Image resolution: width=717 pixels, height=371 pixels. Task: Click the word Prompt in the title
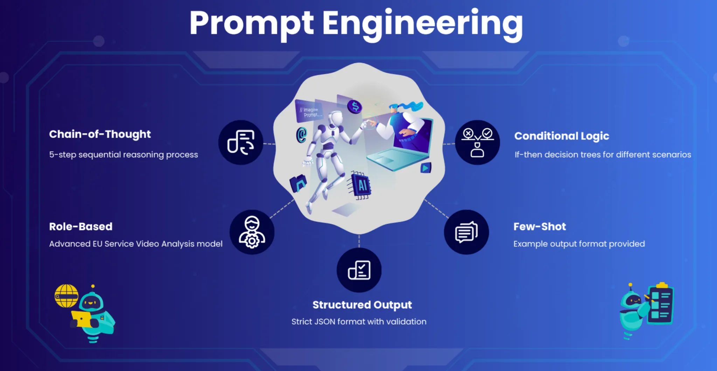pyautogui.click(x=251, y=24)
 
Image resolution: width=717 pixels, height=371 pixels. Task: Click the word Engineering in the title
pyautogui.click(x=423, y=24)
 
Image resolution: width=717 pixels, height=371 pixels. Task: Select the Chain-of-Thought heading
pyautogui.click(x=100, y=134)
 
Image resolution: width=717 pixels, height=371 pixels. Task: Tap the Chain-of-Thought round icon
pyautogui.click(x=241, y=142)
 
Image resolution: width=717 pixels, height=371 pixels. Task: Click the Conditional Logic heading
pyautogui.click(x=562, y=136)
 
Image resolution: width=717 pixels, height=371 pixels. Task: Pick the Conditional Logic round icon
pyautogui.click(x=478, y=142)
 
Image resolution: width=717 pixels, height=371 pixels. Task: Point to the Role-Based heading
pyautogui.click(x=81, y=227)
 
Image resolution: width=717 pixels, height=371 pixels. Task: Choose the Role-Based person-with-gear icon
pyautogui.click(x=252, y=232)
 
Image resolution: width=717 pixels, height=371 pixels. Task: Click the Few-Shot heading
pyautogui.click(x=540, y=227)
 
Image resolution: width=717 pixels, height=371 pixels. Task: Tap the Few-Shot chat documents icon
pyautogui.click(x=466, y=232)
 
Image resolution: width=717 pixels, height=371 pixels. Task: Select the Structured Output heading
pyautogui.click(x=362, y=305)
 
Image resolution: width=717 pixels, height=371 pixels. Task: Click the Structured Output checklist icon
pyautogui.click(x=359, y=270)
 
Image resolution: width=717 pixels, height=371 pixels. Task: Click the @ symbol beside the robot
pyautogui.click(x=301, y=135)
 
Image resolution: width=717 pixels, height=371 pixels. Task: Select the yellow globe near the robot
pyautogui.click(x=67, y=296)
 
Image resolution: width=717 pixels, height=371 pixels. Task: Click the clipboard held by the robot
pyautogui.click(x=660, y=304)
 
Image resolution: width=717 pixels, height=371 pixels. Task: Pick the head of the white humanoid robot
pyautogui.click(x=337, y=119)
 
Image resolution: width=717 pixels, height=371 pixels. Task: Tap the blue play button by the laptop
pyautogui.click(x=426, y=168)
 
